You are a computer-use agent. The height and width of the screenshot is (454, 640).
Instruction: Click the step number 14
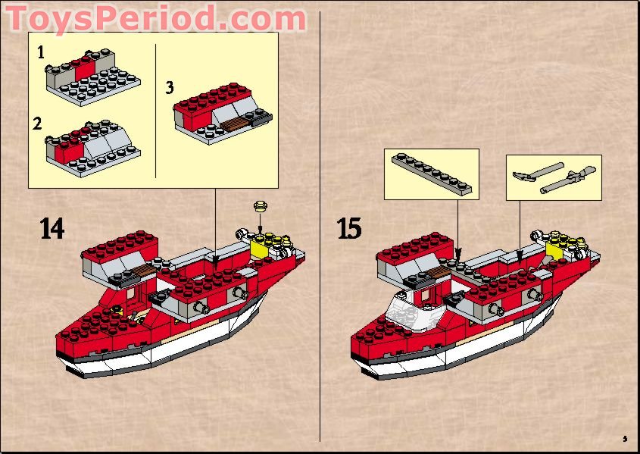[52, 228]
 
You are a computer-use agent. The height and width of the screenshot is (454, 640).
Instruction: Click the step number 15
[349, 228]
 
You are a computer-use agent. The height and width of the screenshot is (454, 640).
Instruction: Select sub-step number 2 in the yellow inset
[37, 123]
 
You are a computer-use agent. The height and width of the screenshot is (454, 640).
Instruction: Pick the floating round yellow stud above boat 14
[261, 205]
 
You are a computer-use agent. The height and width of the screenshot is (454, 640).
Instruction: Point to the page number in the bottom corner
[625, 438]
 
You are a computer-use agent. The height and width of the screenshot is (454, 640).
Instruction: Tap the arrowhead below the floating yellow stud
[261, 230]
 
